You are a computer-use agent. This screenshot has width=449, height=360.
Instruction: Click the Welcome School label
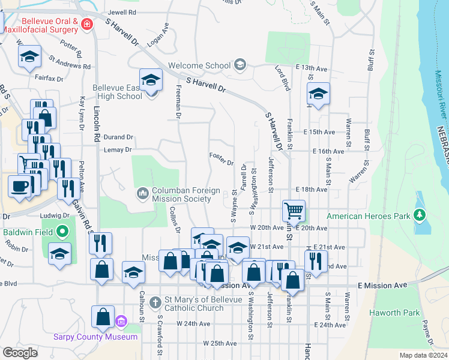click(x=199, y=65)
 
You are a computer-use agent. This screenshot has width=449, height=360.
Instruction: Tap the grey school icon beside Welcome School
click(x=240, y=65)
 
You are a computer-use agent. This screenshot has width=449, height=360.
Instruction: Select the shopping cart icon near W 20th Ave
click(x=294, y=211)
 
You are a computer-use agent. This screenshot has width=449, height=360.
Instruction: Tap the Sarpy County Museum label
click(x=104, y=337)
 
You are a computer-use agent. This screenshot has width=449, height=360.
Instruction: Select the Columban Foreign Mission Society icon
click(x=143, y=193)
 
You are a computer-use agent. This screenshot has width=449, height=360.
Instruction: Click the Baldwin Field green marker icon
click(x=62, y=232)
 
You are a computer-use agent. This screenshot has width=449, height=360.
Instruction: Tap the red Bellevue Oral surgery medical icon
click(x=87, y=25)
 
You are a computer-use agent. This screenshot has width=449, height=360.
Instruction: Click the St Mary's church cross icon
click(x=155, y=301)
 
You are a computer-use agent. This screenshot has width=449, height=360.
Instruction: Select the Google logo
click(x=20, y=353)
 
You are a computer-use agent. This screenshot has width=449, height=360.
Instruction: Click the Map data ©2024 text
click(x=423, y=355)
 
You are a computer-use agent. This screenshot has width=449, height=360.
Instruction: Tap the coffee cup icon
click(x=19, y=185)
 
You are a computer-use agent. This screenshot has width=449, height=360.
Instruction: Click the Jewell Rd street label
click(x=122, y=12)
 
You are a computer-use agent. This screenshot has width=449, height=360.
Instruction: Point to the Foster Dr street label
click(x=221, y=162)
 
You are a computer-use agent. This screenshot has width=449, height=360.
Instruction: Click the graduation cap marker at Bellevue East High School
click(x=151, y=80)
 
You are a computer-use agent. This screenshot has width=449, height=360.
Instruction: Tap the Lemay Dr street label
click(x=117, y=149)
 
